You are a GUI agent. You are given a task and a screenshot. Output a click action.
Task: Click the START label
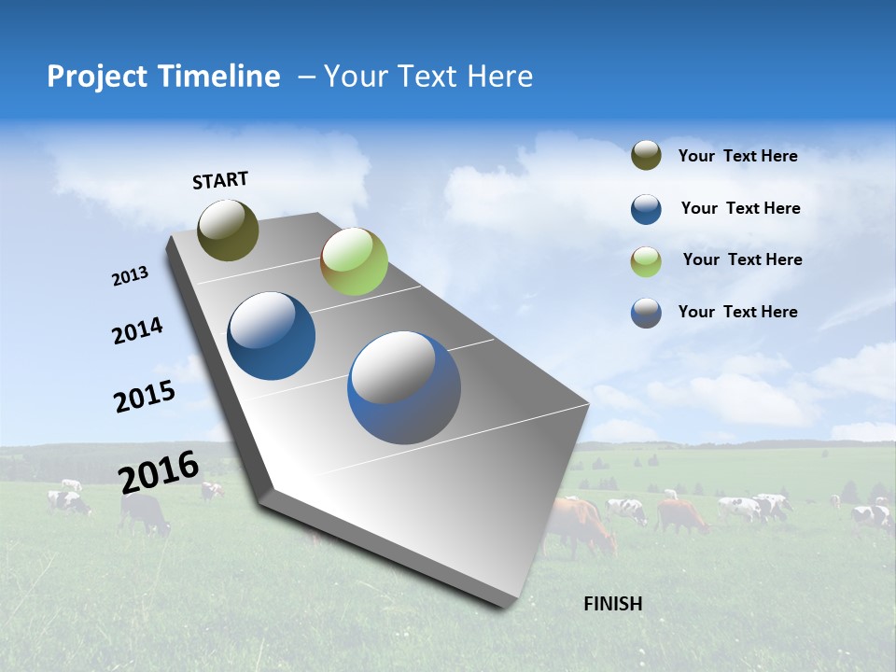point(220,180)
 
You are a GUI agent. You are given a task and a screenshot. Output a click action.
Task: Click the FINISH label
point(612,604)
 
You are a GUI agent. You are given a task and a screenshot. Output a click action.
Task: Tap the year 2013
point(130,276)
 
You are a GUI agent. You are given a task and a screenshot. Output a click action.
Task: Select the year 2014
point(137,330)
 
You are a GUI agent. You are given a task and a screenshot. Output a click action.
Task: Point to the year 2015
point(144,397)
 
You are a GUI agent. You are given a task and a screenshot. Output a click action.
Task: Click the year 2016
point(158,471)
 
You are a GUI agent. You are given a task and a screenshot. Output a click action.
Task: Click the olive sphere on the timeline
point(228,230)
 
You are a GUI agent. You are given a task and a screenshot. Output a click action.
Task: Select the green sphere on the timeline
point(354,261)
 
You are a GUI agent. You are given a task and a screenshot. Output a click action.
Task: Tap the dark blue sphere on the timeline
point(272,336)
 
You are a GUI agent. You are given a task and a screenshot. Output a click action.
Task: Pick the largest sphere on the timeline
point(403,387)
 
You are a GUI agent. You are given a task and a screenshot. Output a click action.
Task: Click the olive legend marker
point(646,156)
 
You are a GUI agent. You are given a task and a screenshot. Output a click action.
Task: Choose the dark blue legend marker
point(646,209)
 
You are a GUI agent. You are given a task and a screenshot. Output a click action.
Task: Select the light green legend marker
point(646,261)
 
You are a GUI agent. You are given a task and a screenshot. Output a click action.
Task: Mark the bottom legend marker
point(646,313)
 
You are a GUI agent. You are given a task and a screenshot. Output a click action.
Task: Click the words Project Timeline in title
point(163,77)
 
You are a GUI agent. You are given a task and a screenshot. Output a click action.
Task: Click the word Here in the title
point(499,77)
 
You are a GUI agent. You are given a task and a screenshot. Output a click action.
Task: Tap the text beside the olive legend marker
point(737,156)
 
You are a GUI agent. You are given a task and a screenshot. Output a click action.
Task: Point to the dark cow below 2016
point(146,513)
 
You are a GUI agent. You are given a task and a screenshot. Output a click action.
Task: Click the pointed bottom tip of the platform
point(509,606)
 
